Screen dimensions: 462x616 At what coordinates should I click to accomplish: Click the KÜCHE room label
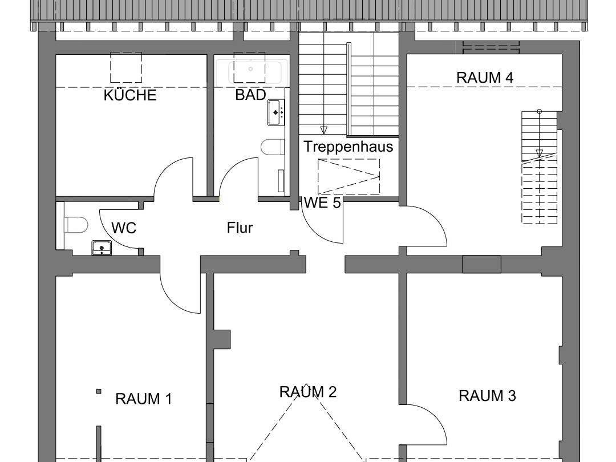click(x=130, y=95)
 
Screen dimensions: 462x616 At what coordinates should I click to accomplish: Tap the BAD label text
click(x=250, y=95)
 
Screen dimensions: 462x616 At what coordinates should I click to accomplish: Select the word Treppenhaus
click(x=348, y=147)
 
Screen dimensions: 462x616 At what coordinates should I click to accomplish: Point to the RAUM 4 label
click(x=485, y=78)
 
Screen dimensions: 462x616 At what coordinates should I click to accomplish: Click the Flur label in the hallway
click(x=240, y=228)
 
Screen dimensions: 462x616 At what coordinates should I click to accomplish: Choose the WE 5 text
click(x=322, y=203)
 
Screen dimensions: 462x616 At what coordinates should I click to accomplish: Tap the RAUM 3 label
click(x=487, y=396)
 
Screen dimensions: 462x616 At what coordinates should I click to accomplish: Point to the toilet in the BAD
click(x=273, y=147)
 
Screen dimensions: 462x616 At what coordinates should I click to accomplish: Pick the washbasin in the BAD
click(x=276, y=112)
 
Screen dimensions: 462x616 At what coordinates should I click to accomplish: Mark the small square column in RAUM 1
click(x=99, y=391)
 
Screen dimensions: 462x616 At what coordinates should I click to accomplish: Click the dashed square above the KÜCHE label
click(x=125, y=67)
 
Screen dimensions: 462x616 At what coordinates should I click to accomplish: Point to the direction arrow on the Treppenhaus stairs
click(x=324, y=129)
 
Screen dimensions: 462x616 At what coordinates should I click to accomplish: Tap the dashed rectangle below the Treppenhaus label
click(x=348, y=176)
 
